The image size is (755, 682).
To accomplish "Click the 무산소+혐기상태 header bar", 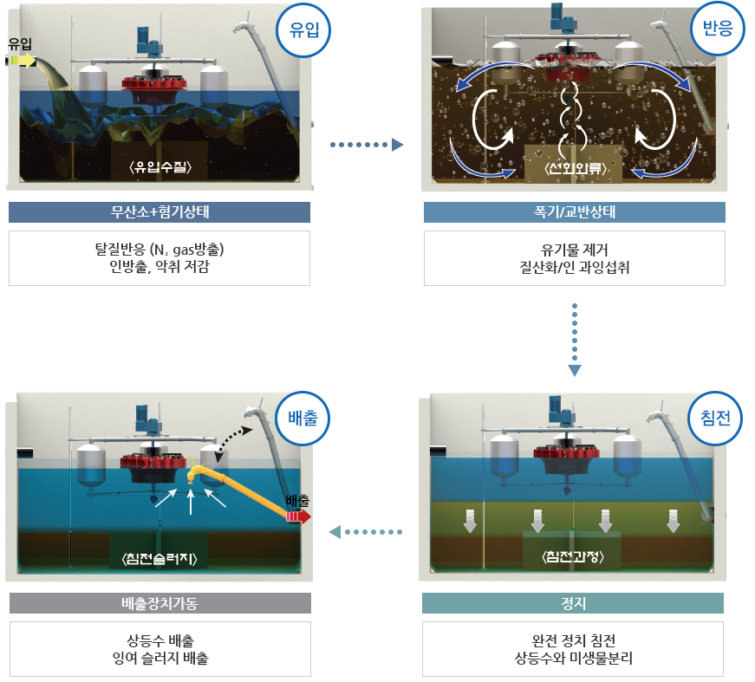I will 159,212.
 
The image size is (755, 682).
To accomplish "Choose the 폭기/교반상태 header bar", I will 574,212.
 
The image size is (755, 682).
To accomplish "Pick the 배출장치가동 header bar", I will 159,603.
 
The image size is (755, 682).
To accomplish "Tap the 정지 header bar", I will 574,603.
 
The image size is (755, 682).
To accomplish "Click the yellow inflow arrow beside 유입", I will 24,61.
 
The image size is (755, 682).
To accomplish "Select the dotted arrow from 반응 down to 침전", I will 574,339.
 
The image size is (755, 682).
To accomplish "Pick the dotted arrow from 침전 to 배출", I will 368,531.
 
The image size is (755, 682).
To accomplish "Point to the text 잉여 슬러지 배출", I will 159,659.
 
